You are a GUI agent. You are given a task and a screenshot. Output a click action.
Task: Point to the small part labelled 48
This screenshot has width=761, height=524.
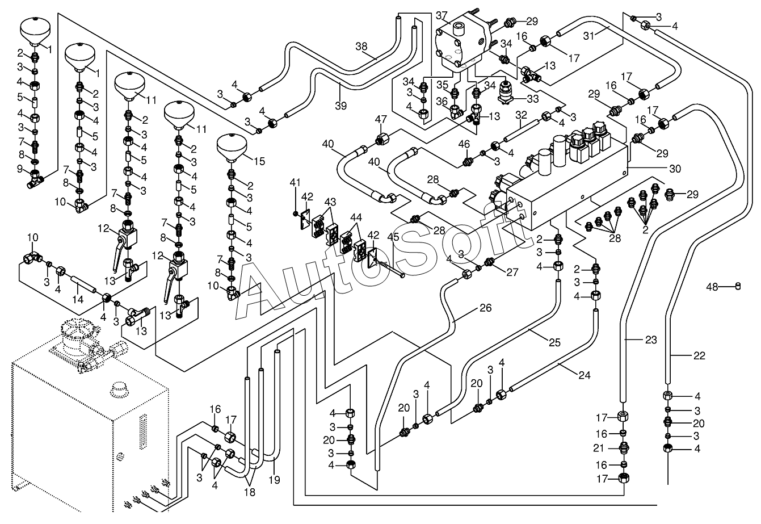738,286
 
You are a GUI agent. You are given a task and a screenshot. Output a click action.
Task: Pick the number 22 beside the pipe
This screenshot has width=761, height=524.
699,356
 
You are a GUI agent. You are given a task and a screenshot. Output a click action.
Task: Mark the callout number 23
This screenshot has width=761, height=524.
650,340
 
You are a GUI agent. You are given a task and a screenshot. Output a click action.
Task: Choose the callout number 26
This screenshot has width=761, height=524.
485,308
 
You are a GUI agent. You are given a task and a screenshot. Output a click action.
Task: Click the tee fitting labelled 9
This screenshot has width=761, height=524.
36,182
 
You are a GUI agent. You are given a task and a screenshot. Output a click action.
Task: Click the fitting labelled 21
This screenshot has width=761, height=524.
623,449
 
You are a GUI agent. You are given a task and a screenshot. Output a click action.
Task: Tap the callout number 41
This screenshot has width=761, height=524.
295,182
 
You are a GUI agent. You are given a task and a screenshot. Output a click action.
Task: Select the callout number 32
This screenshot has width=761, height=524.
522,116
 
